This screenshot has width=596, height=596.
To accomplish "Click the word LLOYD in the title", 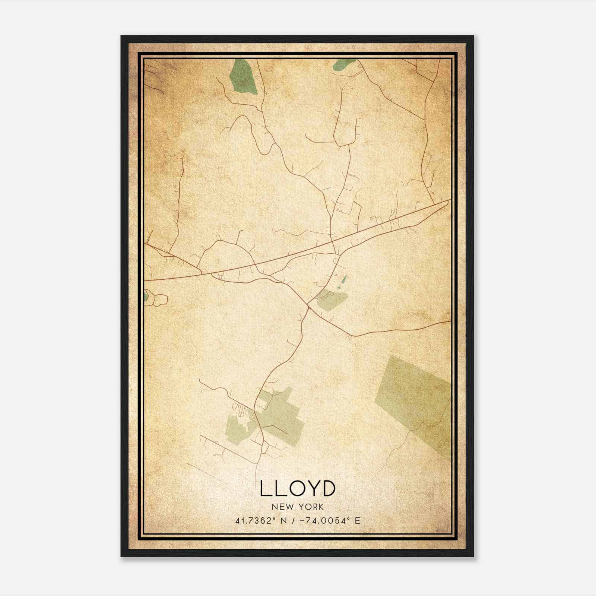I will point(298,488).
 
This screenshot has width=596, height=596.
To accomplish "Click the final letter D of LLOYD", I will point(328,488).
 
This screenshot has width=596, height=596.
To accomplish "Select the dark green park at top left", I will point(243,77).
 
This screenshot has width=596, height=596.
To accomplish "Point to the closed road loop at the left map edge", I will point(156,299).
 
